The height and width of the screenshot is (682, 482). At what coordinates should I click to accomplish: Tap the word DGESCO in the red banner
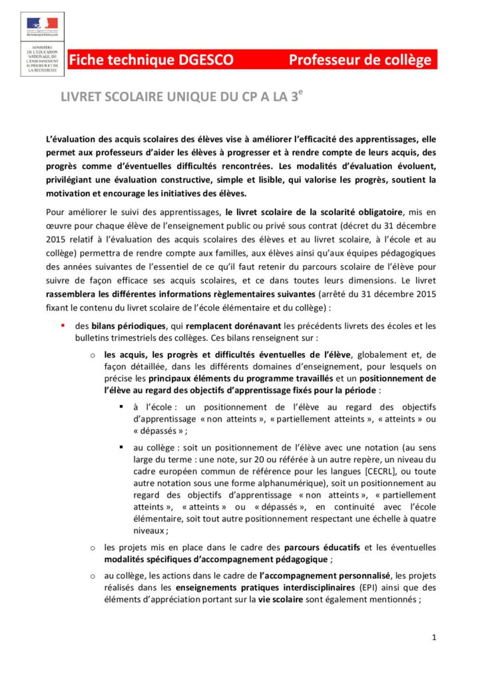pyautogui.click(x=204, y=60)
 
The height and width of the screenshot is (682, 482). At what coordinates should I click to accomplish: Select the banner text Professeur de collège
pyautogui.click(x=360, y=60)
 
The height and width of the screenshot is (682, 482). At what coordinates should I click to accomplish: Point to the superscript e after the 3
pyautogui.click(x=301, y=93)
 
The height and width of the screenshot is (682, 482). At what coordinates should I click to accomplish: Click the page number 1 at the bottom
pyautogui.click(x=434, y=638)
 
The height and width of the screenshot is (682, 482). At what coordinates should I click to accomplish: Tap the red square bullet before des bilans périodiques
pyautogui.click(x=63, y=326)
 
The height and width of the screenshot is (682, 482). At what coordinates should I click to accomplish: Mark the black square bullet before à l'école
pyautogui.click(x=122, y=406)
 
